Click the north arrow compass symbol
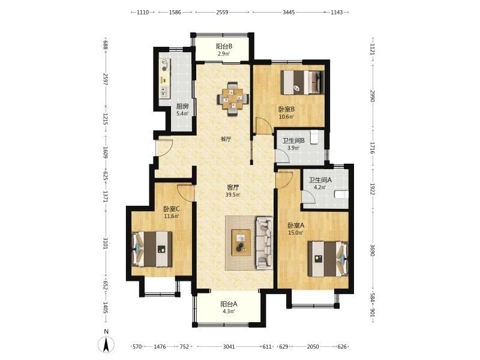(x=106, y=344)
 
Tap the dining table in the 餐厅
(x=233, y=99)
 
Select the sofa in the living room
(x=264, y=243)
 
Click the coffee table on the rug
(x=241, y=242)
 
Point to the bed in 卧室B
(x=302, y=82)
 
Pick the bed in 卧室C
(x=152, y=249)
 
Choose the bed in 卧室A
(x=328, y=259)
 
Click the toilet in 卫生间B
(x=314, y=137)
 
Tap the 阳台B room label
(x=224, y=47)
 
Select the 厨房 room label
(x=182, y=107)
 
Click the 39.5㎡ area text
(x=233, y=194)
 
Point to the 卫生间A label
(x=320, y=180)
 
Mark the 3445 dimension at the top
(x=289, y=12)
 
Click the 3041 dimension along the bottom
(x=229, y=347)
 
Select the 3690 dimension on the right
(x=372, y=250)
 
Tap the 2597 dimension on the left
(x=106, y=79)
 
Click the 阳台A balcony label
(x=229, y=304)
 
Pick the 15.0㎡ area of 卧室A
(x=295, y=233)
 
